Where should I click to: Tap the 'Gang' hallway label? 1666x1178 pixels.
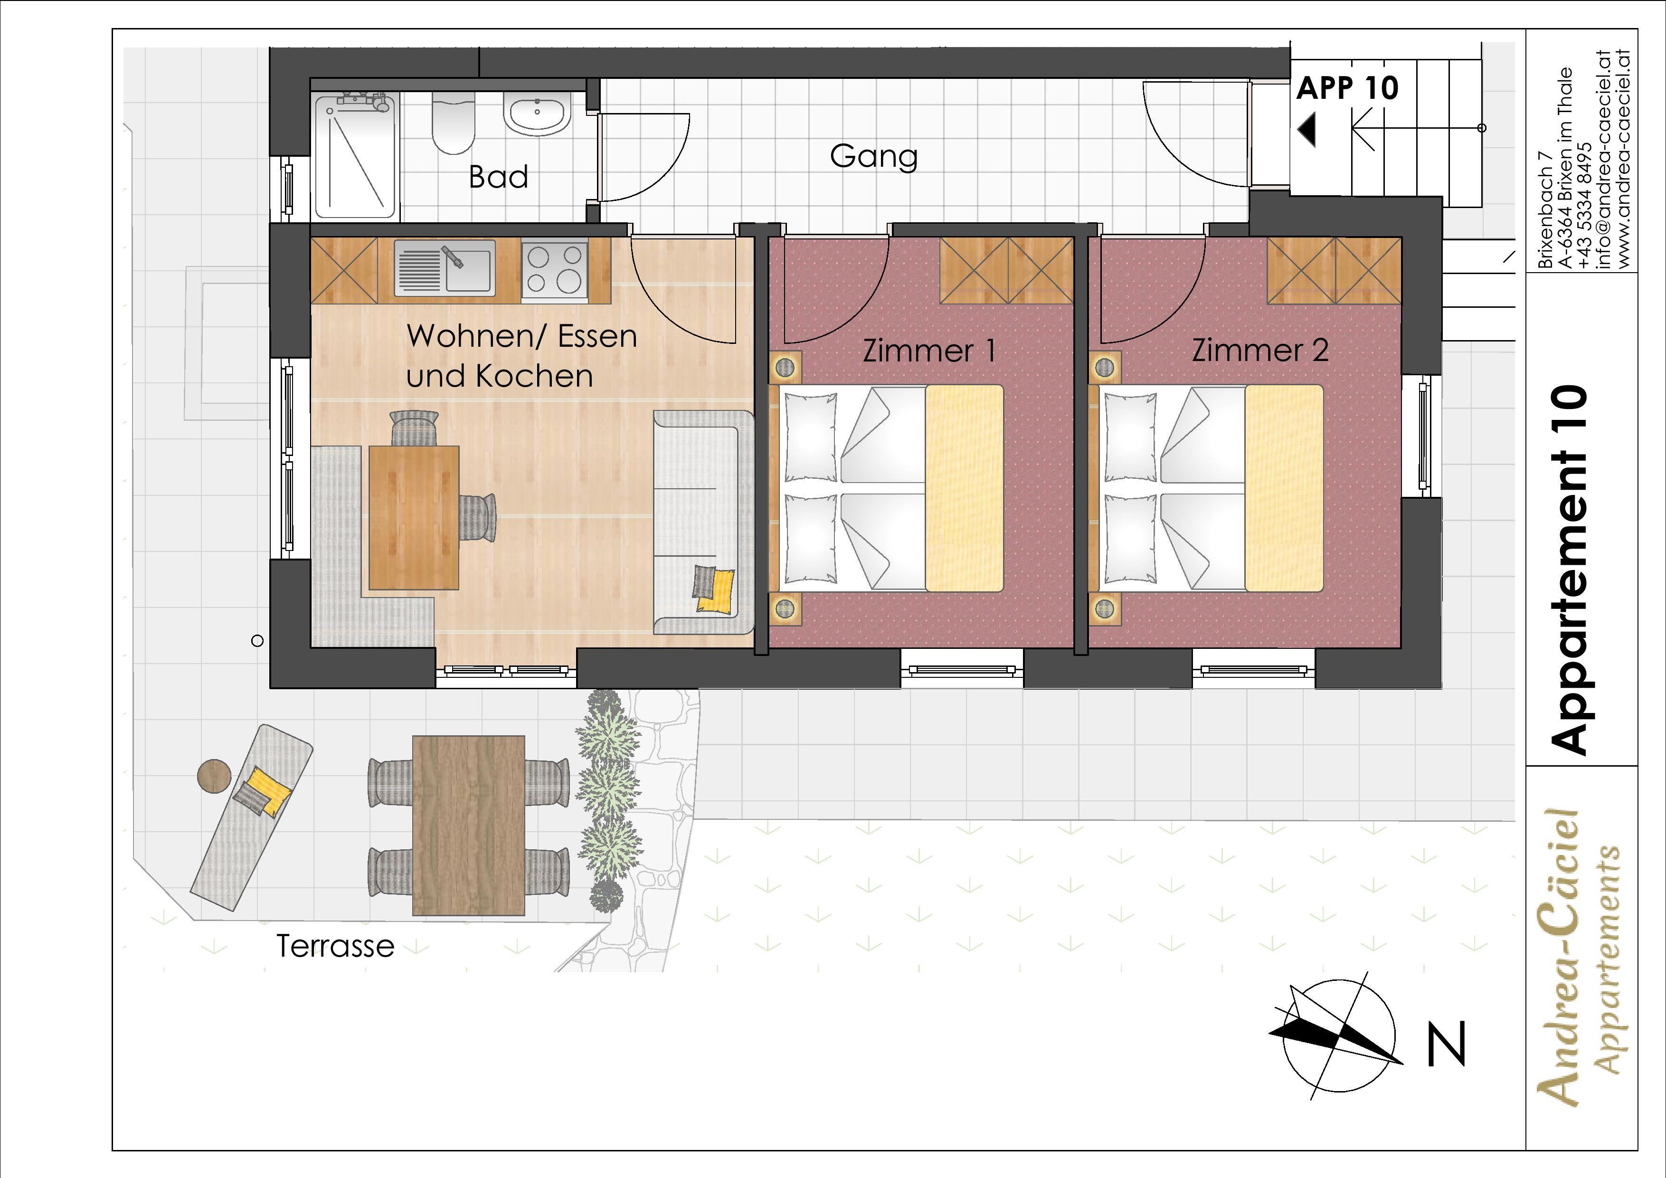click(x=874, y=157)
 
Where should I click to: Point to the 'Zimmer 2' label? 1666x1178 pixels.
click(x=1260, y=351)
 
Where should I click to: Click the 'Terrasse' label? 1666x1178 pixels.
click(x=335, y=946)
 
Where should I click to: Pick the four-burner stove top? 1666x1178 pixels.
click(x=555, y=268)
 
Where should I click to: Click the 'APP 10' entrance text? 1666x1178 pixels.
click(x=1347, y=88)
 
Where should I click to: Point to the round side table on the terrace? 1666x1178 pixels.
click(x=214, y=775)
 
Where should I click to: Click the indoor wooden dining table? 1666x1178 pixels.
click(x=414, y=517)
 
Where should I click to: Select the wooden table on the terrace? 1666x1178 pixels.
click(x=469, y=825)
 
